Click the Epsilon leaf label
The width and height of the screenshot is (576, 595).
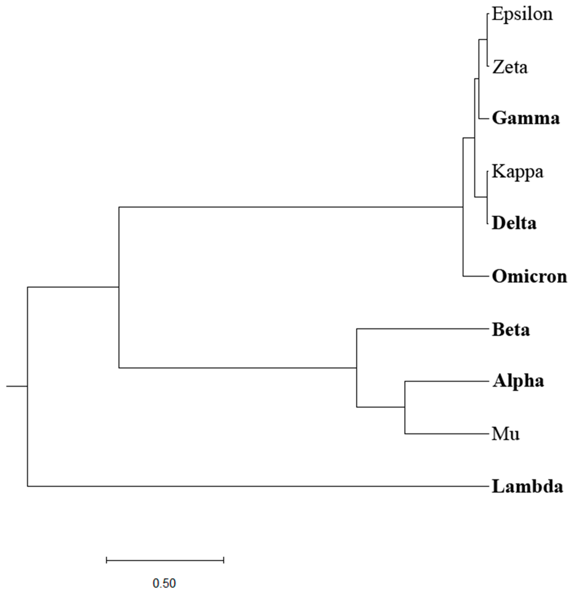[522, 15]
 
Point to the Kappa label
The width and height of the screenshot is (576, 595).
[517, 172]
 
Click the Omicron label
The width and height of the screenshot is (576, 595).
[529, 276]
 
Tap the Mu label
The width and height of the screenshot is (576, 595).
[505, 434]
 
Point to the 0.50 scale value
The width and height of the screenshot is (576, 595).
[164, 583]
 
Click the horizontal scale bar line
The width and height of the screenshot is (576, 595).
[165, 560]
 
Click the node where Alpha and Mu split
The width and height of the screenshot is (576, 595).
[405, 407]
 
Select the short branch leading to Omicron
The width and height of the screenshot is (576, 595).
[475, 276]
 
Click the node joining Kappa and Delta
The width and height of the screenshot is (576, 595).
[487, 197]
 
